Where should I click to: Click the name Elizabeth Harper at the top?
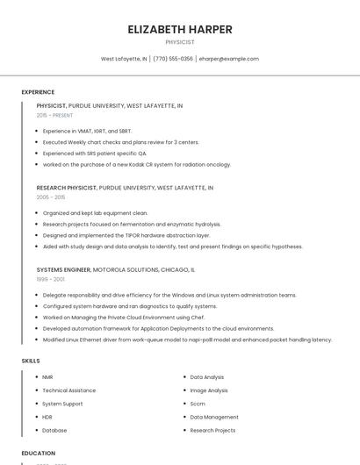tap(180, 29)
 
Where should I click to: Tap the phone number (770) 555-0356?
tap(173, 59)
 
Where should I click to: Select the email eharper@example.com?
tap(228, 59)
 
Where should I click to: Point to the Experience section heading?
tap(38, 92)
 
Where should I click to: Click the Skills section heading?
tap(31, 361)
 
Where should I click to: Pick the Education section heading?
tap(38, 453)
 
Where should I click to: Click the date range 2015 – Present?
tap(54, 115)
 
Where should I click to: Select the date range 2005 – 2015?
tap(51, 197)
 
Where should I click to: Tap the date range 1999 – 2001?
tap(50, 279)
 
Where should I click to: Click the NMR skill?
tap(47, 377)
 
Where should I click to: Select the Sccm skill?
tap(198, 404)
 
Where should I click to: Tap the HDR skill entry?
tap(47, 418)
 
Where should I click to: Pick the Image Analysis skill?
tap(209, 390)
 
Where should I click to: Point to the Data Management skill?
tap(214, 418)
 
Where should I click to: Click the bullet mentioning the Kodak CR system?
tap(136, 164)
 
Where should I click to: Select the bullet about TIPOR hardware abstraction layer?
tap(126, 235)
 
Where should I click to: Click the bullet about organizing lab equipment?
tap(95, 213)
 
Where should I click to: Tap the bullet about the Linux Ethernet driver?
tap(187, 340)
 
